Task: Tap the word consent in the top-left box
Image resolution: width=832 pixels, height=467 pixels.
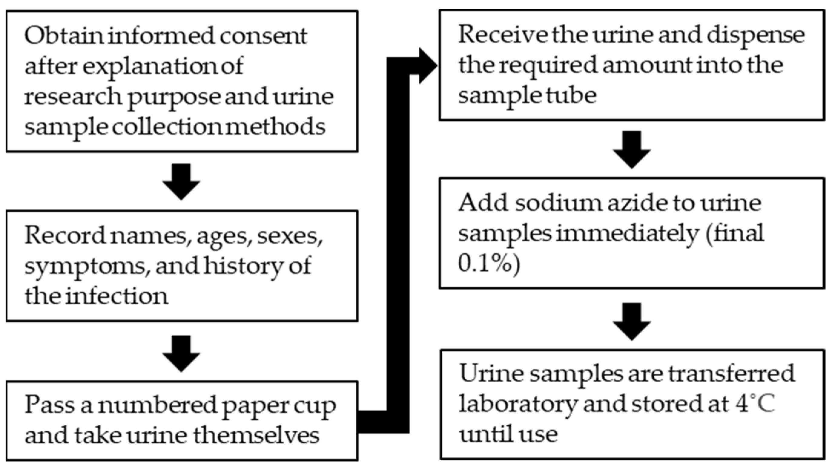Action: coord(263,35)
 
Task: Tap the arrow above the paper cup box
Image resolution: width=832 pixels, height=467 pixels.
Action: coord(181,353)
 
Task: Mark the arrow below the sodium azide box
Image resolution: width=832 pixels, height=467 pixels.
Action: coord(632,321)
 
